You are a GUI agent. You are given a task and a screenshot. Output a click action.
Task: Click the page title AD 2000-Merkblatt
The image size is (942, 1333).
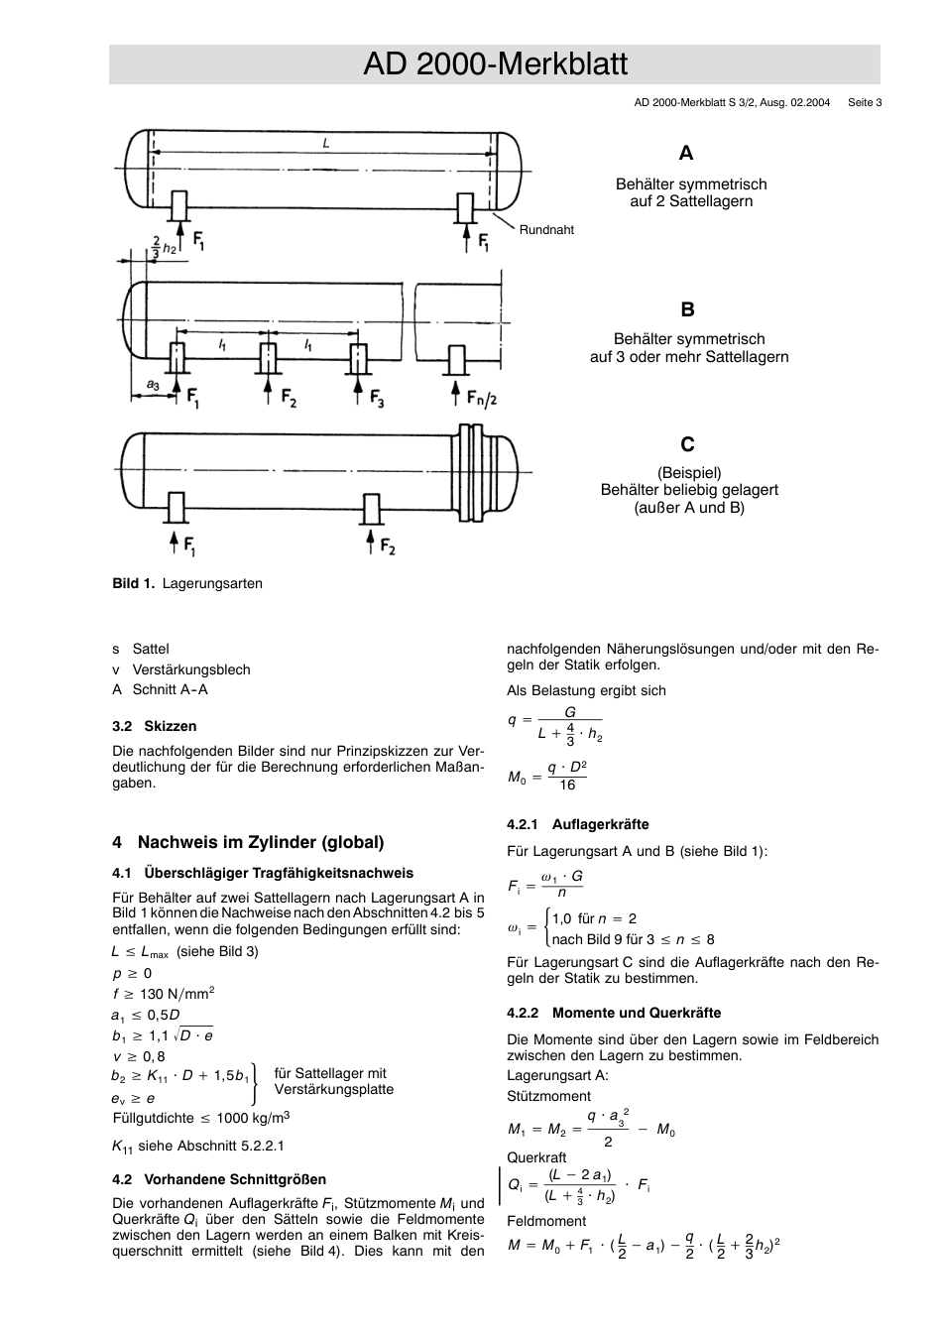(495, 64)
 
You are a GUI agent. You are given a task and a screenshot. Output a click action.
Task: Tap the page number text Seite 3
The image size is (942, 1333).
(865, 102)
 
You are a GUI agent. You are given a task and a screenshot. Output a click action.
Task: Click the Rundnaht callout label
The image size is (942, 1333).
(546, 230)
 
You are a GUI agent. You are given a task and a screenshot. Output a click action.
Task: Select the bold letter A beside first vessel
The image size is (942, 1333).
(686, 153)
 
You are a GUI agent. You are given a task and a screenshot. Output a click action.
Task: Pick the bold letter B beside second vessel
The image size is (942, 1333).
(687, 309)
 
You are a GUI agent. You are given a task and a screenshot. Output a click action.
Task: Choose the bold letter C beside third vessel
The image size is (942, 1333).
(687, 443)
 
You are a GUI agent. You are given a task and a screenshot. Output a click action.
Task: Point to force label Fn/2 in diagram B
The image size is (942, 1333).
(482, 398)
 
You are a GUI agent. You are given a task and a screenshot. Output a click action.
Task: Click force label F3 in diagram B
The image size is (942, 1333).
(377, 399)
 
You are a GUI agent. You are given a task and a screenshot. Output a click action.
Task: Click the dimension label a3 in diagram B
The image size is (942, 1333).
(153, 384)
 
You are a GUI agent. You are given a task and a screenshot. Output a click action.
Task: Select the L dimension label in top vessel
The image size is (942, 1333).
(325, 144)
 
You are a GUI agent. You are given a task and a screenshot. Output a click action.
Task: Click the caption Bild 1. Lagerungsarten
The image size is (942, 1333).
(187, 584)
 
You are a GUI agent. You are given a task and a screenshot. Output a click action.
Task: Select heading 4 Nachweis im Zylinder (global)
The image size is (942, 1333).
(248, 842)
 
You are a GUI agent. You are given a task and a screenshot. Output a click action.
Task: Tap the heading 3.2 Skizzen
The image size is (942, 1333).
(155, 726)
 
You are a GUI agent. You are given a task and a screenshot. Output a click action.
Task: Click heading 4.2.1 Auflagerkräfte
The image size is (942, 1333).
(577, 824)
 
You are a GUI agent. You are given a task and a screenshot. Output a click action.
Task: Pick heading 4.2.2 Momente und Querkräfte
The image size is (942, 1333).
(614, 1013)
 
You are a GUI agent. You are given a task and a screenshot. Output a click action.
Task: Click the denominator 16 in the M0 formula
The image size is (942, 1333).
(567, 786)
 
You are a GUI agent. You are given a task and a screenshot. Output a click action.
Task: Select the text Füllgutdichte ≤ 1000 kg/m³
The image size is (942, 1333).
(201, 1118)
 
